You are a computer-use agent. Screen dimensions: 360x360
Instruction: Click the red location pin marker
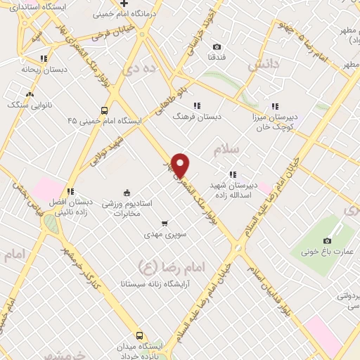(x=181, y=165)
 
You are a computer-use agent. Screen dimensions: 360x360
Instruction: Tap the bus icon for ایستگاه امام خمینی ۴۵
(x=104, y=110)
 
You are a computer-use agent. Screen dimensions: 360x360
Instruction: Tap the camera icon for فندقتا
(x=217, y=46)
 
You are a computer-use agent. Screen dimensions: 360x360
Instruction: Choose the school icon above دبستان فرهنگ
(x=196, y=106)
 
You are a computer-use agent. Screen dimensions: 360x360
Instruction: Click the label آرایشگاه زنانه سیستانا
(x=167, y=285)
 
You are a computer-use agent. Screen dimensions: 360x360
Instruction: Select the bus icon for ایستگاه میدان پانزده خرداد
(x=139, y=335)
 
